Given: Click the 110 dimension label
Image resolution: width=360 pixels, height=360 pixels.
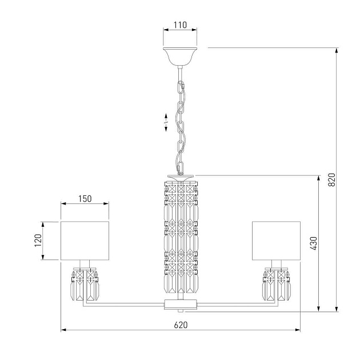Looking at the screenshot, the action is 180,25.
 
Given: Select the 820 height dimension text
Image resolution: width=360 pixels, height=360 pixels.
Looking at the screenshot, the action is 331,180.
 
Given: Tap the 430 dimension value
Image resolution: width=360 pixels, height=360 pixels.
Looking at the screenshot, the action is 313,243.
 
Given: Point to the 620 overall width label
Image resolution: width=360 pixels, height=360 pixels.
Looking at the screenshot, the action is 181,325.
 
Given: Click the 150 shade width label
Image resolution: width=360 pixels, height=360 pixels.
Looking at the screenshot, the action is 85,199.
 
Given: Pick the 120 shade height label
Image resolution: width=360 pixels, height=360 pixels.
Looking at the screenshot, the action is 38,241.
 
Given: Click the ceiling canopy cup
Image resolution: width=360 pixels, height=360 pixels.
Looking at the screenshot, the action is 180,57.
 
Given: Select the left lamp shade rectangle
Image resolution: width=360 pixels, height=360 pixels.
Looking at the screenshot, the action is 85,241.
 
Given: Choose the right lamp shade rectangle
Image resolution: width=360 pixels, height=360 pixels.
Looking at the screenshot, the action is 276,241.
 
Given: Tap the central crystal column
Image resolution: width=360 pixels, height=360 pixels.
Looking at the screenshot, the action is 181,237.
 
